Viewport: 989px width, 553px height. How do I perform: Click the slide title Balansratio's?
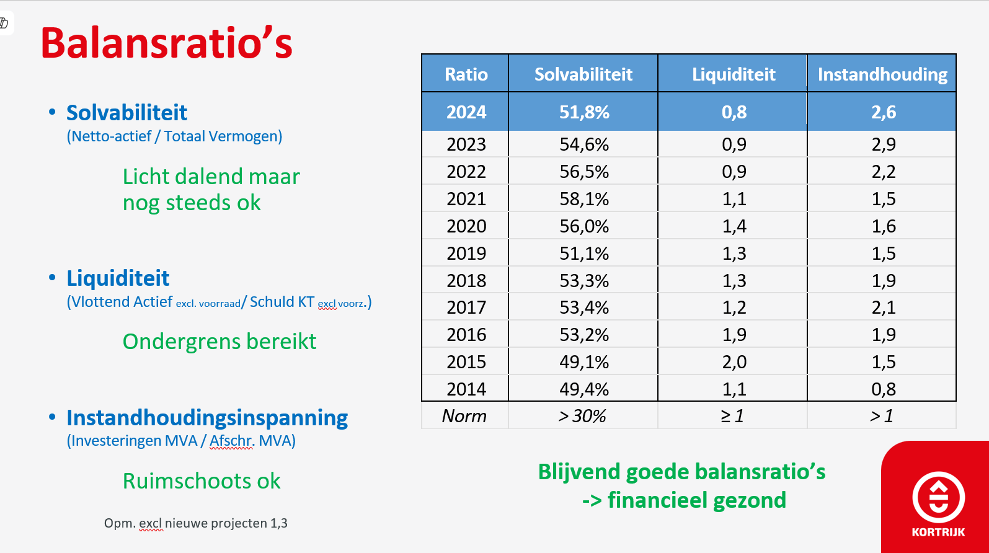point(166,43)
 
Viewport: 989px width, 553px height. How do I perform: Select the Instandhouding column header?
point(882,74)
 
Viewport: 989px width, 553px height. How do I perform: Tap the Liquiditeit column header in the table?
point(734,74)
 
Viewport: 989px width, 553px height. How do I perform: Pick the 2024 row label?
point(466,112)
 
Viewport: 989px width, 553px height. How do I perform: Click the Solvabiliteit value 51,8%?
point(583,112)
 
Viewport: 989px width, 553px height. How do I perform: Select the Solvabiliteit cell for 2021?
point(583,199)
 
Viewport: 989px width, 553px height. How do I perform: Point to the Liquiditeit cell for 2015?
point(734,362)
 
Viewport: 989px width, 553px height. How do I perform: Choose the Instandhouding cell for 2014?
point(883,389)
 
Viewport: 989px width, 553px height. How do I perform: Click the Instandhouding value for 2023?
point(883,144)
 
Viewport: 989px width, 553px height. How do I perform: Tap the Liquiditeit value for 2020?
point(734,226)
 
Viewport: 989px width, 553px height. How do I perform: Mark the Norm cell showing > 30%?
point(582,416)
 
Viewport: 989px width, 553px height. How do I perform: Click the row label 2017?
point(466,307)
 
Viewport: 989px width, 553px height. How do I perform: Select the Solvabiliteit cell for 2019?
point(583,254)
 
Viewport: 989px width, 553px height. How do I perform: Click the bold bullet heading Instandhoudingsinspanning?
point(207,418)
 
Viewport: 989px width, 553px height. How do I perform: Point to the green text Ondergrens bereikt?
point(220,341)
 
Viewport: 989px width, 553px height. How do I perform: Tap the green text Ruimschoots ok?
point(202,480)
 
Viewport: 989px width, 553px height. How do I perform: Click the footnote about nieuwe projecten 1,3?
point(195,523)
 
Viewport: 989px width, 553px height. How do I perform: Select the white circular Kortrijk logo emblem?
point(938,497)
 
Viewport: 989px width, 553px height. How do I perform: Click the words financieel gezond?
point(697,500)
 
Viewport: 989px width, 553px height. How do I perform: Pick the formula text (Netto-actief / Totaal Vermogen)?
point(174,136)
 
